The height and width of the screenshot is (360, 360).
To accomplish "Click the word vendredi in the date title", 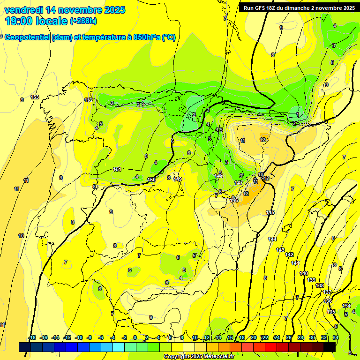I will point(24,10).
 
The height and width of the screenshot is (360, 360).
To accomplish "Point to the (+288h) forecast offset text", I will point(83,21).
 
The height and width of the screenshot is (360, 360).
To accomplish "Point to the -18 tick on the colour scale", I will point(31,337).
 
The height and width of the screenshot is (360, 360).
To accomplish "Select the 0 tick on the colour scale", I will point(135,337).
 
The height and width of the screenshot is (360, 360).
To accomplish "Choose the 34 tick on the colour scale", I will point(336,337).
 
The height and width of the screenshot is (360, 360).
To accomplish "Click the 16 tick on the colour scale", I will point(230,337).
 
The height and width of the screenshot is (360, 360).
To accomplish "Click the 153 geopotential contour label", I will point(35,97).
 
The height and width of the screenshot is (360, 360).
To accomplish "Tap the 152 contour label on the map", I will point(88,100).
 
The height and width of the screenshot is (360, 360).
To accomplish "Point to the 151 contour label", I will point(118,169).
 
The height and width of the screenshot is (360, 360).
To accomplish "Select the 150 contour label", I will point(151,180).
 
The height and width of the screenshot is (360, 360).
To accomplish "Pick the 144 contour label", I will point(272,239).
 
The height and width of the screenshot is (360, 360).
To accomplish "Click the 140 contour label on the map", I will point(304,273).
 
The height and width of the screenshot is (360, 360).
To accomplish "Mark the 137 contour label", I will point(327,292).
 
